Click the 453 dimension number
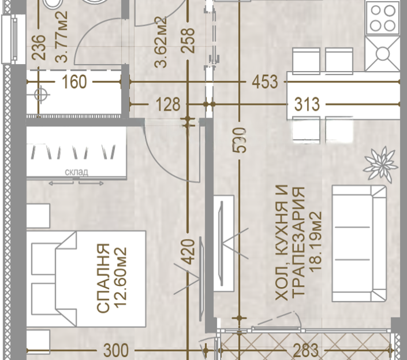click(265, 82)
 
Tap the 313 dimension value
click(307, 105)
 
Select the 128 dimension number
click(168, 105)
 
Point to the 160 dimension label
click(74, 82)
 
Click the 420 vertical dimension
click(188, 251)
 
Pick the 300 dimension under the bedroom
click(116, 350)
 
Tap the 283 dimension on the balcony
click(305, 350)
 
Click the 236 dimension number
click(39, 47)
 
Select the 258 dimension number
click(188, 40)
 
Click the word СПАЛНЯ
click(103, 278)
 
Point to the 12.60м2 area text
click(121, 277)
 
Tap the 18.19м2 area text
click(316, 242)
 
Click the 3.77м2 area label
click(62, 36)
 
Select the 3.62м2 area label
click(160, 42)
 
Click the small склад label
click(76, 172)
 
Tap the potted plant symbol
click(380, 165)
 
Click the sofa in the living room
click(359, 243)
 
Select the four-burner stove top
click(382, 17)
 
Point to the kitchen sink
click(382, 54)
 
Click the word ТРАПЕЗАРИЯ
click(298, 241)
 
